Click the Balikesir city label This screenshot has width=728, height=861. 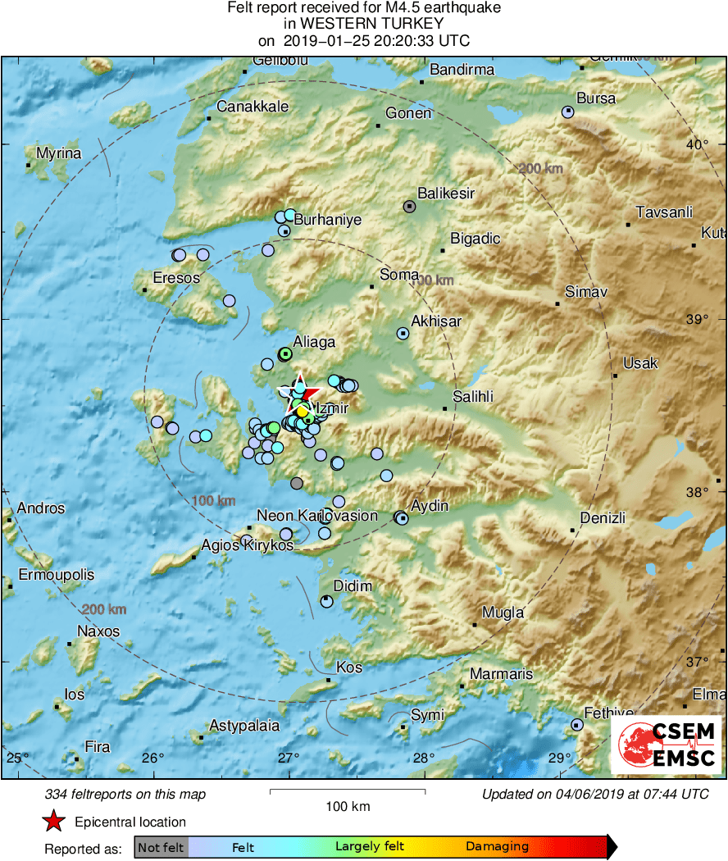446,194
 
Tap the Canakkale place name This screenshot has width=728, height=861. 253,107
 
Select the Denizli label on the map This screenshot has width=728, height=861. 603,518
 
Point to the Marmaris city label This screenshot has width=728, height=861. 500,674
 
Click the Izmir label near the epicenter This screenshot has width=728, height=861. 333,408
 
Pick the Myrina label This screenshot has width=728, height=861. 59,153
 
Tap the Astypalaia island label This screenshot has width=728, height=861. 244,726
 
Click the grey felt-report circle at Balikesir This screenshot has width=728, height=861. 410,207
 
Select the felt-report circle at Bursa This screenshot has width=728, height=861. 567,112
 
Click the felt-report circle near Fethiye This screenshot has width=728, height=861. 577,725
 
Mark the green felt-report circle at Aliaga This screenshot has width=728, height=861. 284,354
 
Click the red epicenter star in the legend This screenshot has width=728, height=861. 54,822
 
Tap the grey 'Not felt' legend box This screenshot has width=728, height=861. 161,847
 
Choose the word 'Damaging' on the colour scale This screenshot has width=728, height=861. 497,847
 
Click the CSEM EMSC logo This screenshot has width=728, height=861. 666,745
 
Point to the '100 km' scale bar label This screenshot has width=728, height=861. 348,806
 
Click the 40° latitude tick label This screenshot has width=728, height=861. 697,145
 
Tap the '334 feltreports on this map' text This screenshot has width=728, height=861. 125,794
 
